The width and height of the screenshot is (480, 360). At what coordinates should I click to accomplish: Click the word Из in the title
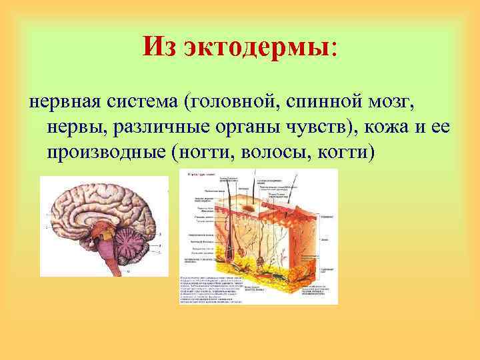160,47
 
